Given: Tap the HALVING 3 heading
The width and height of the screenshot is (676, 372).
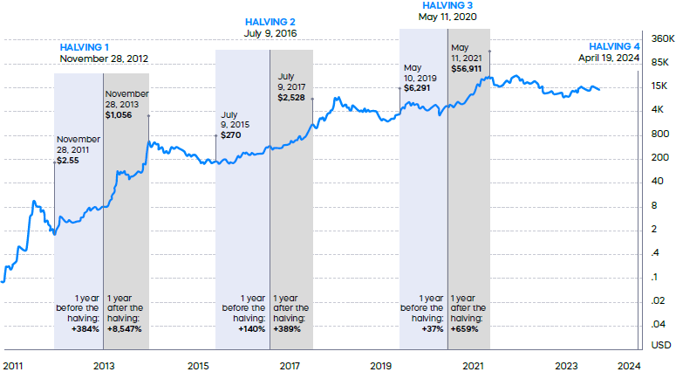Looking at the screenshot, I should [x=447, y=5].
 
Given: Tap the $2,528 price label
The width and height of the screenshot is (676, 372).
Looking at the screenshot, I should [x=291, y=98].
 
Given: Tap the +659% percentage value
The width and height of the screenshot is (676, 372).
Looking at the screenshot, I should [x=468, y=330].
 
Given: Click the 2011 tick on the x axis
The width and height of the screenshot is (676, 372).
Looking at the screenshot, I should [x=13, y=366].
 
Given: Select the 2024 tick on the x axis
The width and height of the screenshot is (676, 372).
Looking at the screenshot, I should [x=630, y=366].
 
